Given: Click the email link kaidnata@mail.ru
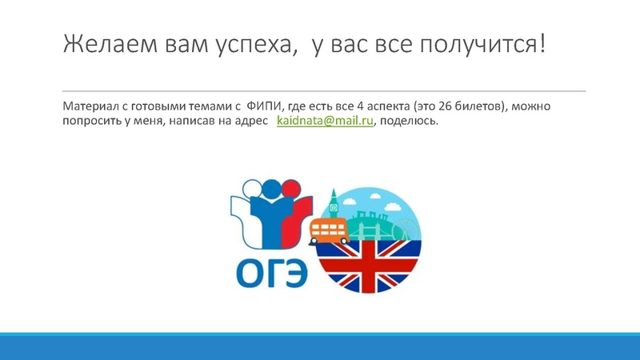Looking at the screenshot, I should pyautogui.click(x=325, y=121).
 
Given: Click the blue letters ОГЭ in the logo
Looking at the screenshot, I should pyautogui.click(x=270, y=273).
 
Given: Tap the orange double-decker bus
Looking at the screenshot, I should pyautogui.click(x=329, y=231).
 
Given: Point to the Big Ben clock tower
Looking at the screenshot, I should pyautogui.click(x=334, y=205).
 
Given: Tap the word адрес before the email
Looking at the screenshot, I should pyautogui.click(x=251, y=121).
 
